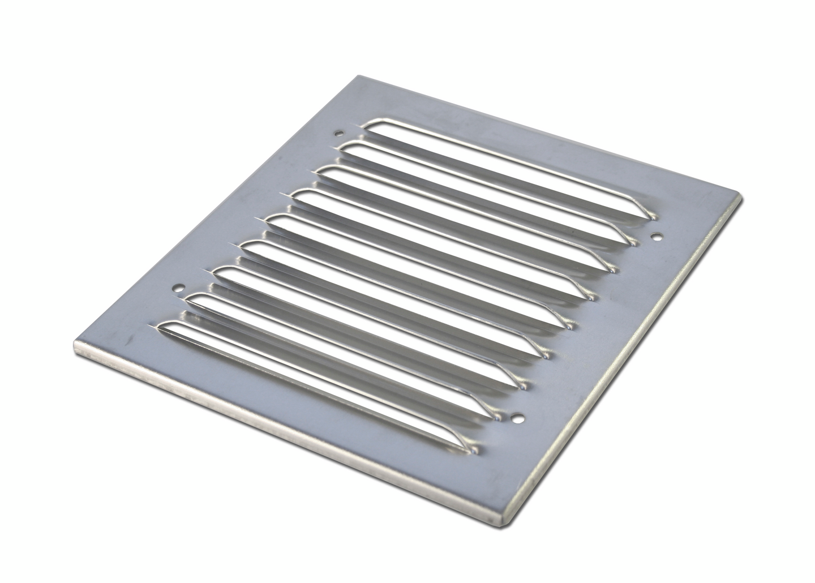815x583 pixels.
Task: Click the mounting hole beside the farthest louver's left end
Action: pos(338,134)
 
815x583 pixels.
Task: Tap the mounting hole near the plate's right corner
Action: pos(656,236)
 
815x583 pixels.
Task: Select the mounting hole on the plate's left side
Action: pos(179,287)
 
